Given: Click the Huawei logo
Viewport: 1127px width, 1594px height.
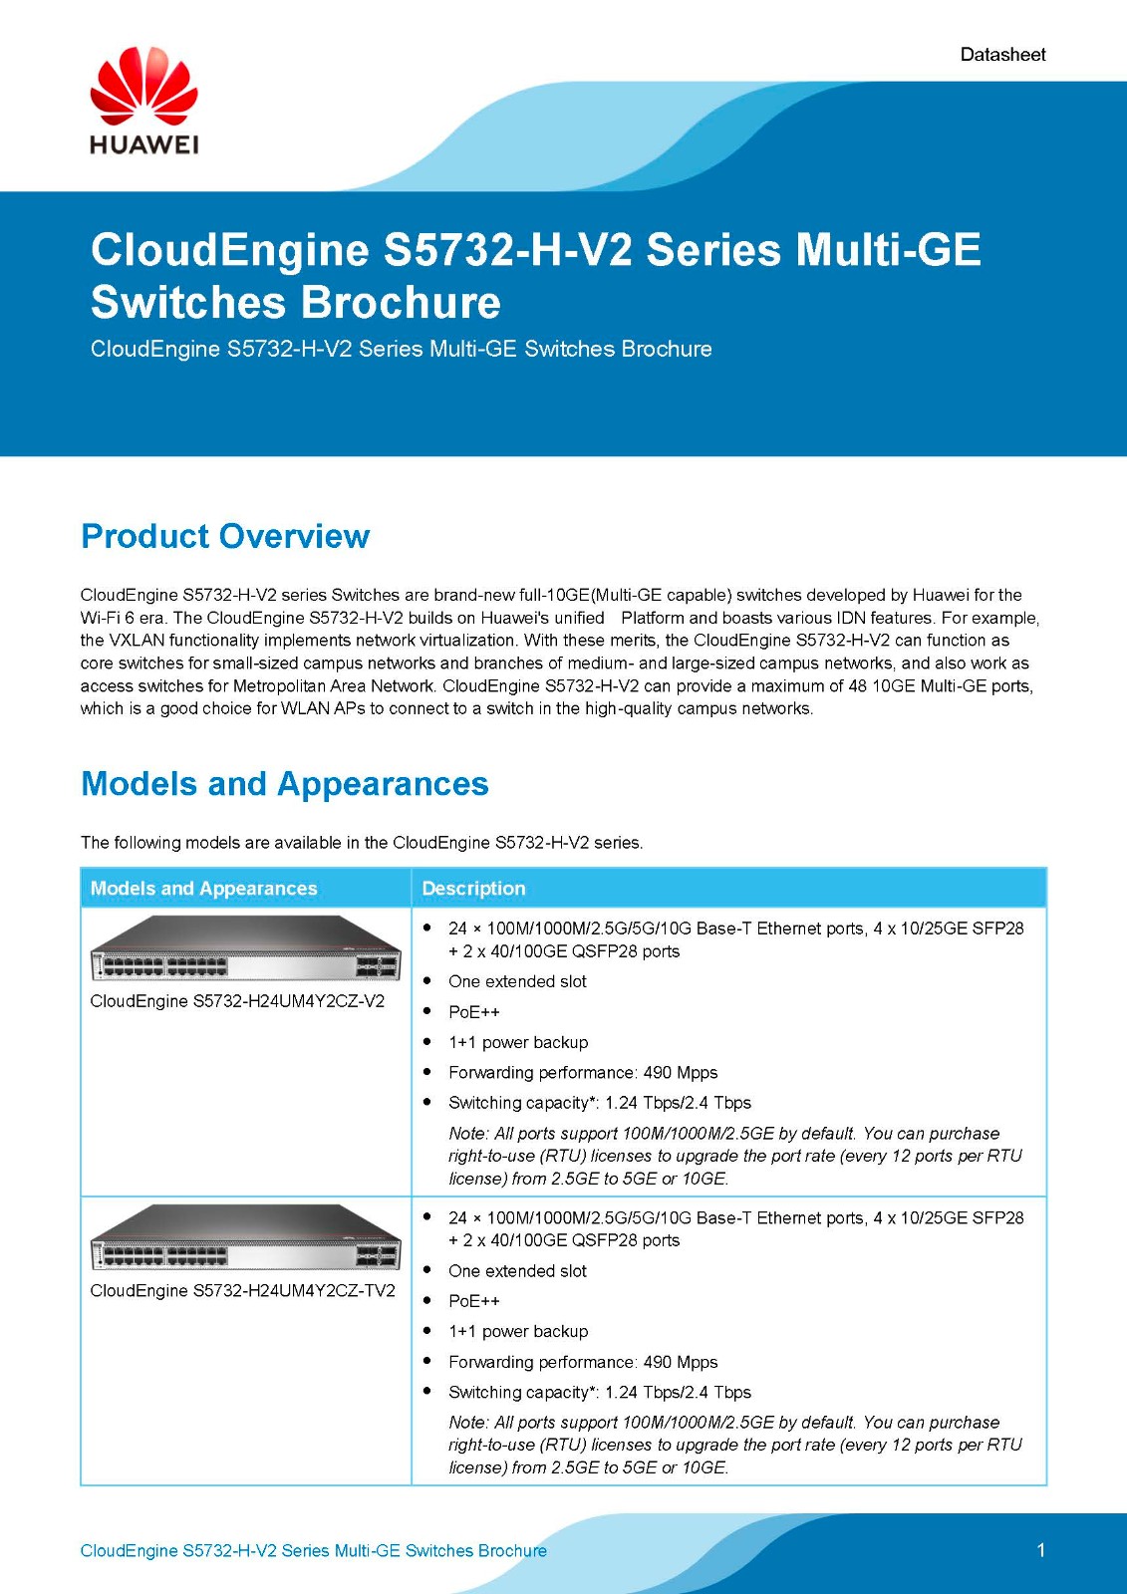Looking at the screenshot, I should point(143,101).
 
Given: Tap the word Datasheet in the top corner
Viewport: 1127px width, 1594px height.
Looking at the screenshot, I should point(1002,55).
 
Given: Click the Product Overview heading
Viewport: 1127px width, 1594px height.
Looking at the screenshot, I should point(225,536).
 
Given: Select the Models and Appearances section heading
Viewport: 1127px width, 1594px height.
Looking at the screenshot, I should point(285,784).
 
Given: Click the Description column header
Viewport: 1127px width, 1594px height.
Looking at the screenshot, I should point(473,888).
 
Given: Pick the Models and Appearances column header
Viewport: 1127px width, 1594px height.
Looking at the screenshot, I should point(203,888).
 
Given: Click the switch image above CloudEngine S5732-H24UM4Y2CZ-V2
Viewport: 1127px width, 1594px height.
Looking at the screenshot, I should point(245,947).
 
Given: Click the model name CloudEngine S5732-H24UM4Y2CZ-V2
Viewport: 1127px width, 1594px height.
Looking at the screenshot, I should point(237,1000).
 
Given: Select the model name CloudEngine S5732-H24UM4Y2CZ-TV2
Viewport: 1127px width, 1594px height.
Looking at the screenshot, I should point(242,1290).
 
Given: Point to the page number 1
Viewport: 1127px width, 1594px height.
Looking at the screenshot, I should point(1040,1550).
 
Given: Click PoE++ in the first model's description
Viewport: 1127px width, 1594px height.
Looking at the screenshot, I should point(474,1011).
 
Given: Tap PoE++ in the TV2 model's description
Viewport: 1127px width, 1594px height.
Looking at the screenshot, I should point(474,1300).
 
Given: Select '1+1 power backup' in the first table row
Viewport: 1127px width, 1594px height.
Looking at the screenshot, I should point(518,1042).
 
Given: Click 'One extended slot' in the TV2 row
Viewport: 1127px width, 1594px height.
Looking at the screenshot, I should point(517,1270).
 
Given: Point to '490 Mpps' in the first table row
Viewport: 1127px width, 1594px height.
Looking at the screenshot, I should point(681,1072).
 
